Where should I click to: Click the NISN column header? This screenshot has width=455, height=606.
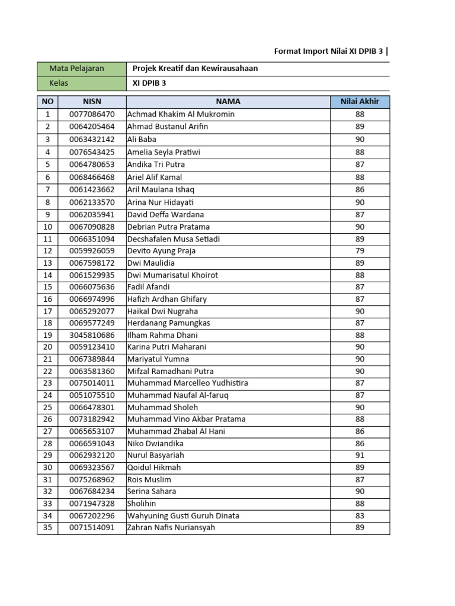coord(92,102)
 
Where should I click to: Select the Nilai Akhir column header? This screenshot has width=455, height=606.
coord(360,102)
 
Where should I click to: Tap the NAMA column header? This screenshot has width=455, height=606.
coord(227,102)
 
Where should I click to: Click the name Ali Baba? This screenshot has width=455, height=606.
coord(142,139)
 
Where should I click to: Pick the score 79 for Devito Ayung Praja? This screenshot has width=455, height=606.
coord(360,251)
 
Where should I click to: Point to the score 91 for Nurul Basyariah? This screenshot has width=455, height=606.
coord(360,455)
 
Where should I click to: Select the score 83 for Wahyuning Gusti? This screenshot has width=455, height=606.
coord(360,515)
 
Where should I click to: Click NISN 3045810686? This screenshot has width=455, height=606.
coord(92,335)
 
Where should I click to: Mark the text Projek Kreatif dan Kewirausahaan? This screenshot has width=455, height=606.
coord(195,69)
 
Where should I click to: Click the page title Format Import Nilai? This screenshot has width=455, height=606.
coord(329,51)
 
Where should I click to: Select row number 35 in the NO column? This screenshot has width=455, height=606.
coord(47,527)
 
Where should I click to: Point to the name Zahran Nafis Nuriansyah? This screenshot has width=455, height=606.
coord(171,527)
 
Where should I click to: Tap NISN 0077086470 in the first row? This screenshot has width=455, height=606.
coord(92,114)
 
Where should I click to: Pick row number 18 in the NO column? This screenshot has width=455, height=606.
coord(47,323)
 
